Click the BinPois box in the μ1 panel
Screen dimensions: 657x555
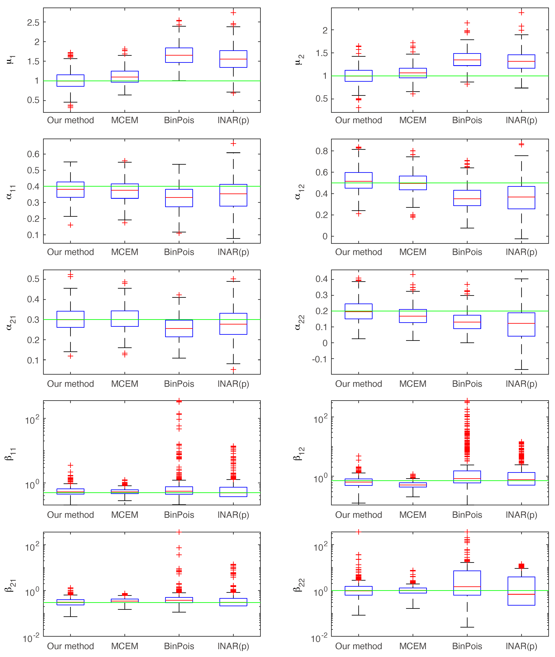click(x=179, y=55)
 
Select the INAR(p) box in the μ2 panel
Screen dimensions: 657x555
click(x=521, y=61)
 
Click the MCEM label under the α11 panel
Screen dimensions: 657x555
click(x=125, y=252)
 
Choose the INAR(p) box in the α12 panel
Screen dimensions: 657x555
click(x=521, y=198)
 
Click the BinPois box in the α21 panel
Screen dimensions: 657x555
click(x=179, y=328)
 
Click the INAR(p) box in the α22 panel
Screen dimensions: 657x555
click(x=521, y=324)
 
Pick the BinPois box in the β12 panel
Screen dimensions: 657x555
click(x=467, y=477)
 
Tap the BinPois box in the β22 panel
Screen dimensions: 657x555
click(x=467, y=583)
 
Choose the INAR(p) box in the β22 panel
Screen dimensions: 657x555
click(x=521, y=591)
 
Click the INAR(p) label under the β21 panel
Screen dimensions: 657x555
click(x=233, y=646)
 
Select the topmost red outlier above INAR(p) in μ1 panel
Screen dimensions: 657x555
click(x=233, y=13)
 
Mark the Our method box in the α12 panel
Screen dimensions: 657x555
click(x=359, y=180)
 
